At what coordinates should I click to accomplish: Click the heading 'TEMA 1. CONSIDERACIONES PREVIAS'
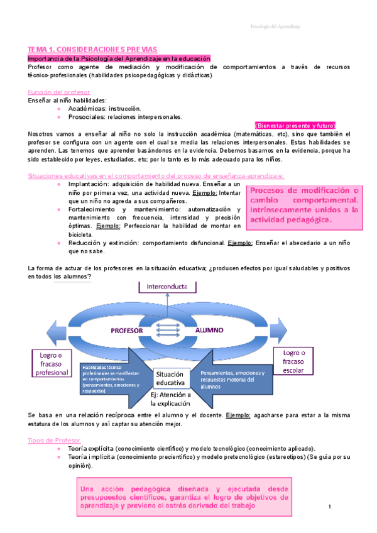(92, 48)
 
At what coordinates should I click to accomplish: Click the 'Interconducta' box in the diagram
(167, 287)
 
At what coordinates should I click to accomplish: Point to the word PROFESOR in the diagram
(128, 329)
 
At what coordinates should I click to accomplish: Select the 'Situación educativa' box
(170, 378)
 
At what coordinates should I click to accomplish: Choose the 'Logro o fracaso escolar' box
(293, 361)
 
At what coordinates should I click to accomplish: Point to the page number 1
(329, 506)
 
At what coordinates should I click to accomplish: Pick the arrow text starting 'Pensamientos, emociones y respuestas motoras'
(232, 379)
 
